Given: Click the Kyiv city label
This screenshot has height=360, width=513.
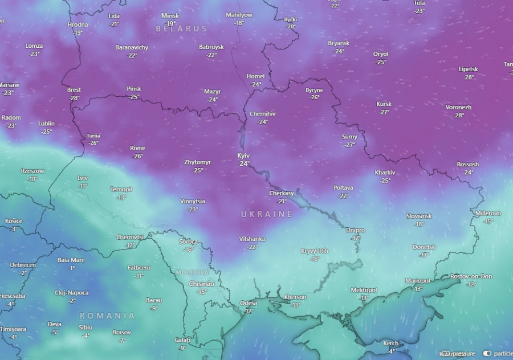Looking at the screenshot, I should (243, 156).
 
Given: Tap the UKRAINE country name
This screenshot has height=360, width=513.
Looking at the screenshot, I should (266, 214).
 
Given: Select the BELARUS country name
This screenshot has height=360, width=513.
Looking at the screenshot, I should (181, 28).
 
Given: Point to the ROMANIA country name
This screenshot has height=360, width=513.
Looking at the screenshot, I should (107, 316).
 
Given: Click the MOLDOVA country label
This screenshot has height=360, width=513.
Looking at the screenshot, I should (192, 273).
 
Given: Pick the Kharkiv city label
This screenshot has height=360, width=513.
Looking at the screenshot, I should (385, 173).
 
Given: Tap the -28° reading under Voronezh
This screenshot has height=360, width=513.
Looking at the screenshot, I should (458, 115).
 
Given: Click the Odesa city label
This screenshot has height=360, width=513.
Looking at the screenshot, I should (249, 303).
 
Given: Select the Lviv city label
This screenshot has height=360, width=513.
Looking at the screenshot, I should (83, 178).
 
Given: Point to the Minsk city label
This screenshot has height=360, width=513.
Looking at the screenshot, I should (170, 15).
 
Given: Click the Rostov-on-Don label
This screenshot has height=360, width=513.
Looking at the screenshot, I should (471, 276).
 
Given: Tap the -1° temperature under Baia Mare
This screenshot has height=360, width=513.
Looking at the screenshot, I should (71, 268).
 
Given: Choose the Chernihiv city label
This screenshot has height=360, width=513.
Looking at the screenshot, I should (262, 114).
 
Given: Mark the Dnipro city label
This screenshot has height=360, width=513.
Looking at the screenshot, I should (355, 230).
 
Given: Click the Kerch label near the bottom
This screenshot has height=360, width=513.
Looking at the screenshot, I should (390, 343).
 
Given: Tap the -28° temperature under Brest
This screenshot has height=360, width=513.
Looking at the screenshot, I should (74, 98).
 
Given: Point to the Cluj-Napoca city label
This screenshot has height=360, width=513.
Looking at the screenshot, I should (72, 293).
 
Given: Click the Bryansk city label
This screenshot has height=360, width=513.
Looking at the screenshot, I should (339, 43).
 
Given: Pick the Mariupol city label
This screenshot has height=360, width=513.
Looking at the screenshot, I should (417, 281).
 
